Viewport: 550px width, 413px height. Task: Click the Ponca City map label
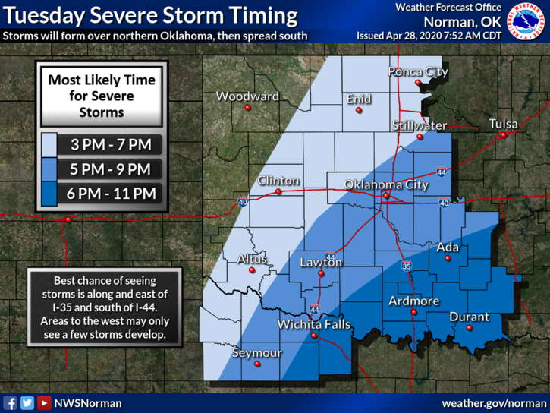pos(417,72)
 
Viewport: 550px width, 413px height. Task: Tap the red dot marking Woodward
pos(247,108)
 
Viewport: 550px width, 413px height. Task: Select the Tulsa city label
pos(504,124)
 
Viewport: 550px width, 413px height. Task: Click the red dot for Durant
pos(469,328)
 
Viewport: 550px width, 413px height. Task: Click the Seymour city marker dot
pos(257,364)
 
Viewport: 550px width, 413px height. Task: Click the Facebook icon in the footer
pos(11,403)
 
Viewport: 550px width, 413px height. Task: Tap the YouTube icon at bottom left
pos(44,403)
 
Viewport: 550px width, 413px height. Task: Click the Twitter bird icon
pos(27,403)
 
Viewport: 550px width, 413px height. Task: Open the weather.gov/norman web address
pos(493,402)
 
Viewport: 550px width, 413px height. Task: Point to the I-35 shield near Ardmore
pos(407,266)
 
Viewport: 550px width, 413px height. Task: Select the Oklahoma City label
pos(386,184)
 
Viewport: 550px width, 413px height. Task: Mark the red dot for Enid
pos(359,110)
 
